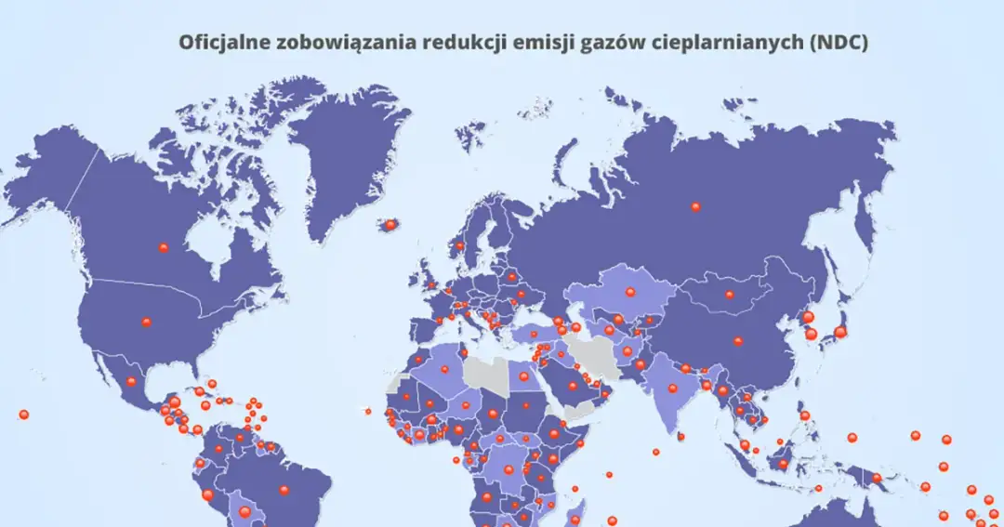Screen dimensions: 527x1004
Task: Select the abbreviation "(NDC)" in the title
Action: pyautogui.click(x=839, y=43)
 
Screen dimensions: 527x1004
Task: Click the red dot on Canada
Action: pyautogui.click(x=164, y=247)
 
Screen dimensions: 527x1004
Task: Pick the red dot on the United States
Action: pyautogui.click(x=146, y=322)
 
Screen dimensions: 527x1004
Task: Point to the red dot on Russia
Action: pyautogui.click(x=695, y=206)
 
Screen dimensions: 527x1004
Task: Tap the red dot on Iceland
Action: pyautogui.click(x=390, y=224)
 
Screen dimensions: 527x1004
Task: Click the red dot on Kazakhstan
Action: pyautogui.click(x=629, y=292)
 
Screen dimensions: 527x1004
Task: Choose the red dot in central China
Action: pyautogui.click(x=738, y=341)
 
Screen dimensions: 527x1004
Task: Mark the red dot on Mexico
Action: pyautogui.click(x=131, y=381)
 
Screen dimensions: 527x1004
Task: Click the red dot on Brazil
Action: pyautogui.click(x=284, y=490)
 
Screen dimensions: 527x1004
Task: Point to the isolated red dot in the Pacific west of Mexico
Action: pyautogui.click(x=23, y=415)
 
